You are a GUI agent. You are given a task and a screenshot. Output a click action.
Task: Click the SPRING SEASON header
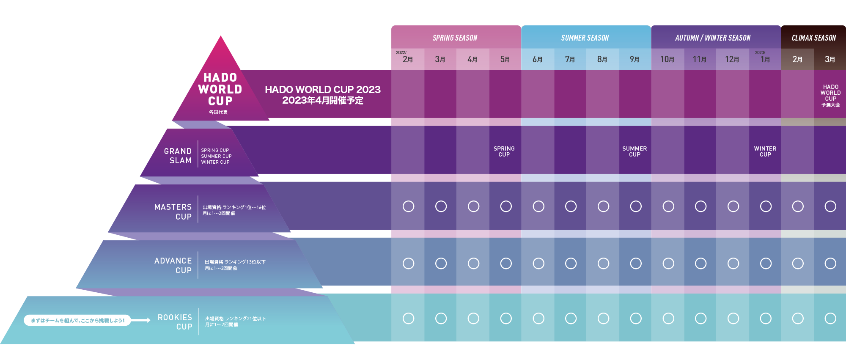pyautogui.click(x=455, y=38)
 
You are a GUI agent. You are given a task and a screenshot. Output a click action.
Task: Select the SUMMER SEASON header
pyautogui.click(x=585, y=38)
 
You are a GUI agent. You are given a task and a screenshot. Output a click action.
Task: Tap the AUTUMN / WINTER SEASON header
pyautogui.click(x=713, y=38)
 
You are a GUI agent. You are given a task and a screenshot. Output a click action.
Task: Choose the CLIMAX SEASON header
pyautogui.click(x=813, y=38)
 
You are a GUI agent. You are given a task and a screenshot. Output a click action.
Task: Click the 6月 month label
pyautogui.click(x=538, y=59)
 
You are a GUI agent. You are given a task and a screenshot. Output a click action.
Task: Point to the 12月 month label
pyautogui.click(x=732, y=59)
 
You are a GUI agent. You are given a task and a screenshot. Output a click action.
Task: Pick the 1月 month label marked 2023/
pyautogui.click(x=765, y=59)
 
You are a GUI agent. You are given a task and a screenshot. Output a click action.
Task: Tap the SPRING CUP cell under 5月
pyautogui.click(x=504, y=151)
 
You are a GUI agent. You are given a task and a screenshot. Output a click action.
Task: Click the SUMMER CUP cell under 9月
pyautogui.click(x=634, y=151)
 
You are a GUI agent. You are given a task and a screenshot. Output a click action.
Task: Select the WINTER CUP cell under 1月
pyautogui.click(x=765, y=151)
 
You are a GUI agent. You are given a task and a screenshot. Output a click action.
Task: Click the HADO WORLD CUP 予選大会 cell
pyautogui.click(x=830, y=96)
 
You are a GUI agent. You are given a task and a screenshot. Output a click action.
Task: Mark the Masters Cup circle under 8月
pyautogui.click(x=603, y=206)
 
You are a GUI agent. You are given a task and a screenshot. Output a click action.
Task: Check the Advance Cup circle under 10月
pyautogui.click(x=668, y=264)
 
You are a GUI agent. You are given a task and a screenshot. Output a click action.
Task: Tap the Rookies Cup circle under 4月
pyautogui.click(x=473, y=318)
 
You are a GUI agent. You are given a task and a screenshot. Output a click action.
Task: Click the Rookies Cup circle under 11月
pyautogui.click(x=700, y=318)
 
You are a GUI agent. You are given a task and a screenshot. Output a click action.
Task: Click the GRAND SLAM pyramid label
pyautogui.click(x=178, y=156)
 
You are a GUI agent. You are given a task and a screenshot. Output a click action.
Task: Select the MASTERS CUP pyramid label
pyautogui.click(x=173, y=212)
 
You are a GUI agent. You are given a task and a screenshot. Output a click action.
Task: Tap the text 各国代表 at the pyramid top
pyautogui.click(x=218, y=113)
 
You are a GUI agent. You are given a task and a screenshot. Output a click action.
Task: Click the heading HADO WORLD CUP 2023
pyautogui.click(x=322, y=90)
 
